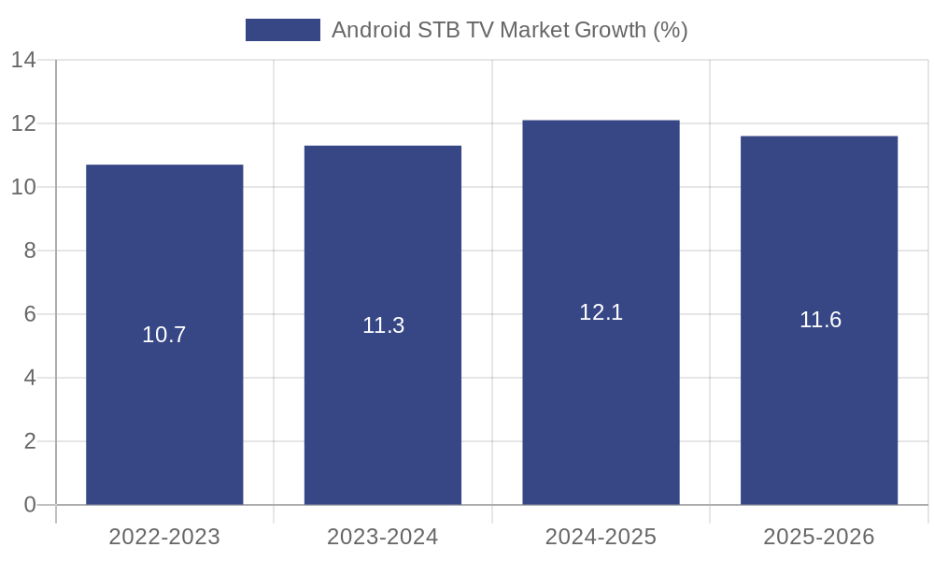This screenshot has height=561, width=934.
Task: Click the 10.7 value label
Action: pos(164,335)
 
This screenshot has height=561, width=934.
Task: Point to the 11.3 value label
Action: pos(383,325)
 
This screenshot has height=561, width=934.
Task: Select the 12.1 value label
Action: pos(601,312)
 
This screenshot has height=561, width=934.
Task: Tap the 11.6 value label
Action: pos(820,320)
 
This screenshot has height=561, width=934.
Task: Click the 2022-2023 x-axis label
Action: pos(164,537)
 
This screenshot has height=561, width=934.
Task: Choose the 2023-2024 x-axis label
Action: pos(383,537)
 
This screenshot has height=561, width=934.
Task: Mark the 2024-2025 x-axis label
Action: pos(601,537)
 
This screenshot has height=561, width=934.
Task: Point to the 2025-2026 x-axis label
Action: pos(819,537)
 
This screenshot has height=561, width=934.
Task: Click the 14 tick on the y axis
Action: pos(23,61)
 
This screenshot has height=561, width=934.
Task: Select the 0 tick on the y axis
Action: pos(30,505)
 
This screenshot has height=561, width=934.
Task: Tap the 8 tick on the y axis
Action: pos(30,251)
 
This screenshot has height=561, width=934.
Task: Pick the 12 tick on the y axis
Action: pos(23,123)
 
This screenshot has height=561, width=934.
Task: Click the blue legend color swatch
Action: pos(282,30)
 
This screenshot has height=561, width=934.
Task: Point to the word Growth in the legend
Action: pos(609,30)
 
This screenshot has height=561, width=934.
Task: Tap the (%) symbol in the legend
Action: pos(671,30)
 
